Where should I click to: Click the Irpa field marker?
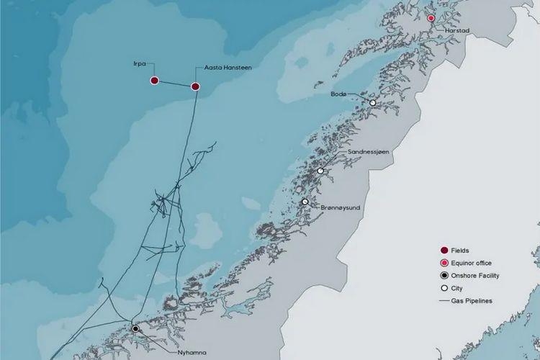tap(154, 81)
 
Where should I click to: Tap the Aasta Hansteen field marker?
tap(195, 86)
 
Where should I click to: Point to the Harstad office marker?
tap(431, 18)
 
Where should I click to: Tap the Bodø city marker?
tap(373, 103)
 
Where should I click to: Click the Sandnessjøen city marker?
tap(320, 171)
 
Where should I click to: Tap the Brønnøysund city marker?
tap(305, 202)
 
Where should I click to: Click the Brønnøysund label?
tap(340, 207)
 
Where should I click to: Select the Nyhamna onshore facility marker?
tap(135, 329)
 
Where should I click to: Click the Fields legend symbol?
tap(444, 250)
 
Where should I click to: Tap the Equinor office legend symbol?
tap(444, 263)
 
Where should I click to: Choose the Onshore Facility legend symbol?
tap(444, 276)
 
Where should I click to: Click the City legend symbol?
tap(444, 288)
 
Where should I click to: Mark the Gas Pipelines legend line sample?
tap(445, 301)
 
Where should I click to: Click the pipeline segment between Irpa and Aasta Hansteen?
tap(175, 84)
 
